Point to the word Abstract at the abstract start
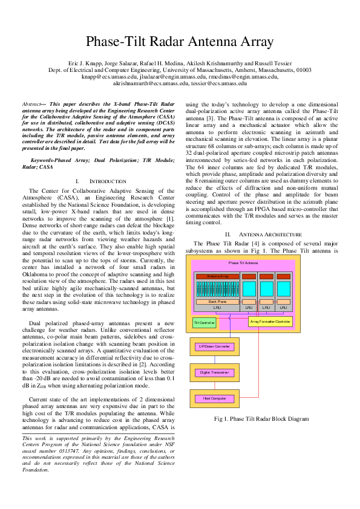click(x=31, y=105)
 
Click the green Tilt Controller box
click(x=205, y=323)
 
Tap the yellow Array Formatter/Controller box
click(x=270, y=322)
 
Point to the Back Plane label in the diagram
click(x=217, y=300)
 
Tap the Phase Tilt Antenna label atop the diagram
click(x=243, y=263)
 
